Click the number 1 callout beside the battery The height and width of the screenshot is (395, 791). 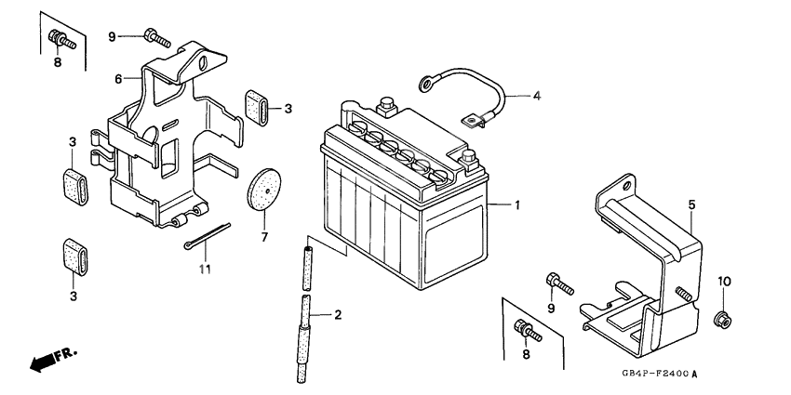(x=517, y=205)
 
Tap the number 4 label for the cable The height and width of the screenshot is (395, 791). (x=537, y=95)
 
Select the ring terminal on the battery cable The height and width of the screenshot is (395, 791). (x=426, y=84)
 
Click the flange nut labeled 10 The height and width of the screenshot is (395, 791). (x=722, y=319)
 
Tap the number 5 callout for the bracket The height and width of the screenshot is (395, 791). (x=692, y=204)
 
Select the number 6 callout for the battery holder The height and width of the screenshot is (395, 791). (x=118, y=79)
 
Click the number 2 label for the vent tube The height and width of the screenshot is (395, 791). (x=338, y=315)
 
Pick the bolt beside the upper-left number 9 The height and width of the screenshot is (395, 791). (x=157, y=38)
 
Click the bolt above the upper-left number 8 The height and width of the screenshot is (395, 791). (x=62, y=40)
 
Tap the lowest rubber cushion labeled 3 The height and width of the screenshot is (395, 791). (x=74, y=257)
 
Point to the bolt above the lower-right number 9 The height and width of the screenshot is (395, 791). (x=560, y=283)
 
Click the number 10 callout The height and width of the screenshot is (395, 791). (x=724, y=281)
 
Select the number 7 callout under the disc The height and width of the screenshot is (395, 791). (x=265, y=237)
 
